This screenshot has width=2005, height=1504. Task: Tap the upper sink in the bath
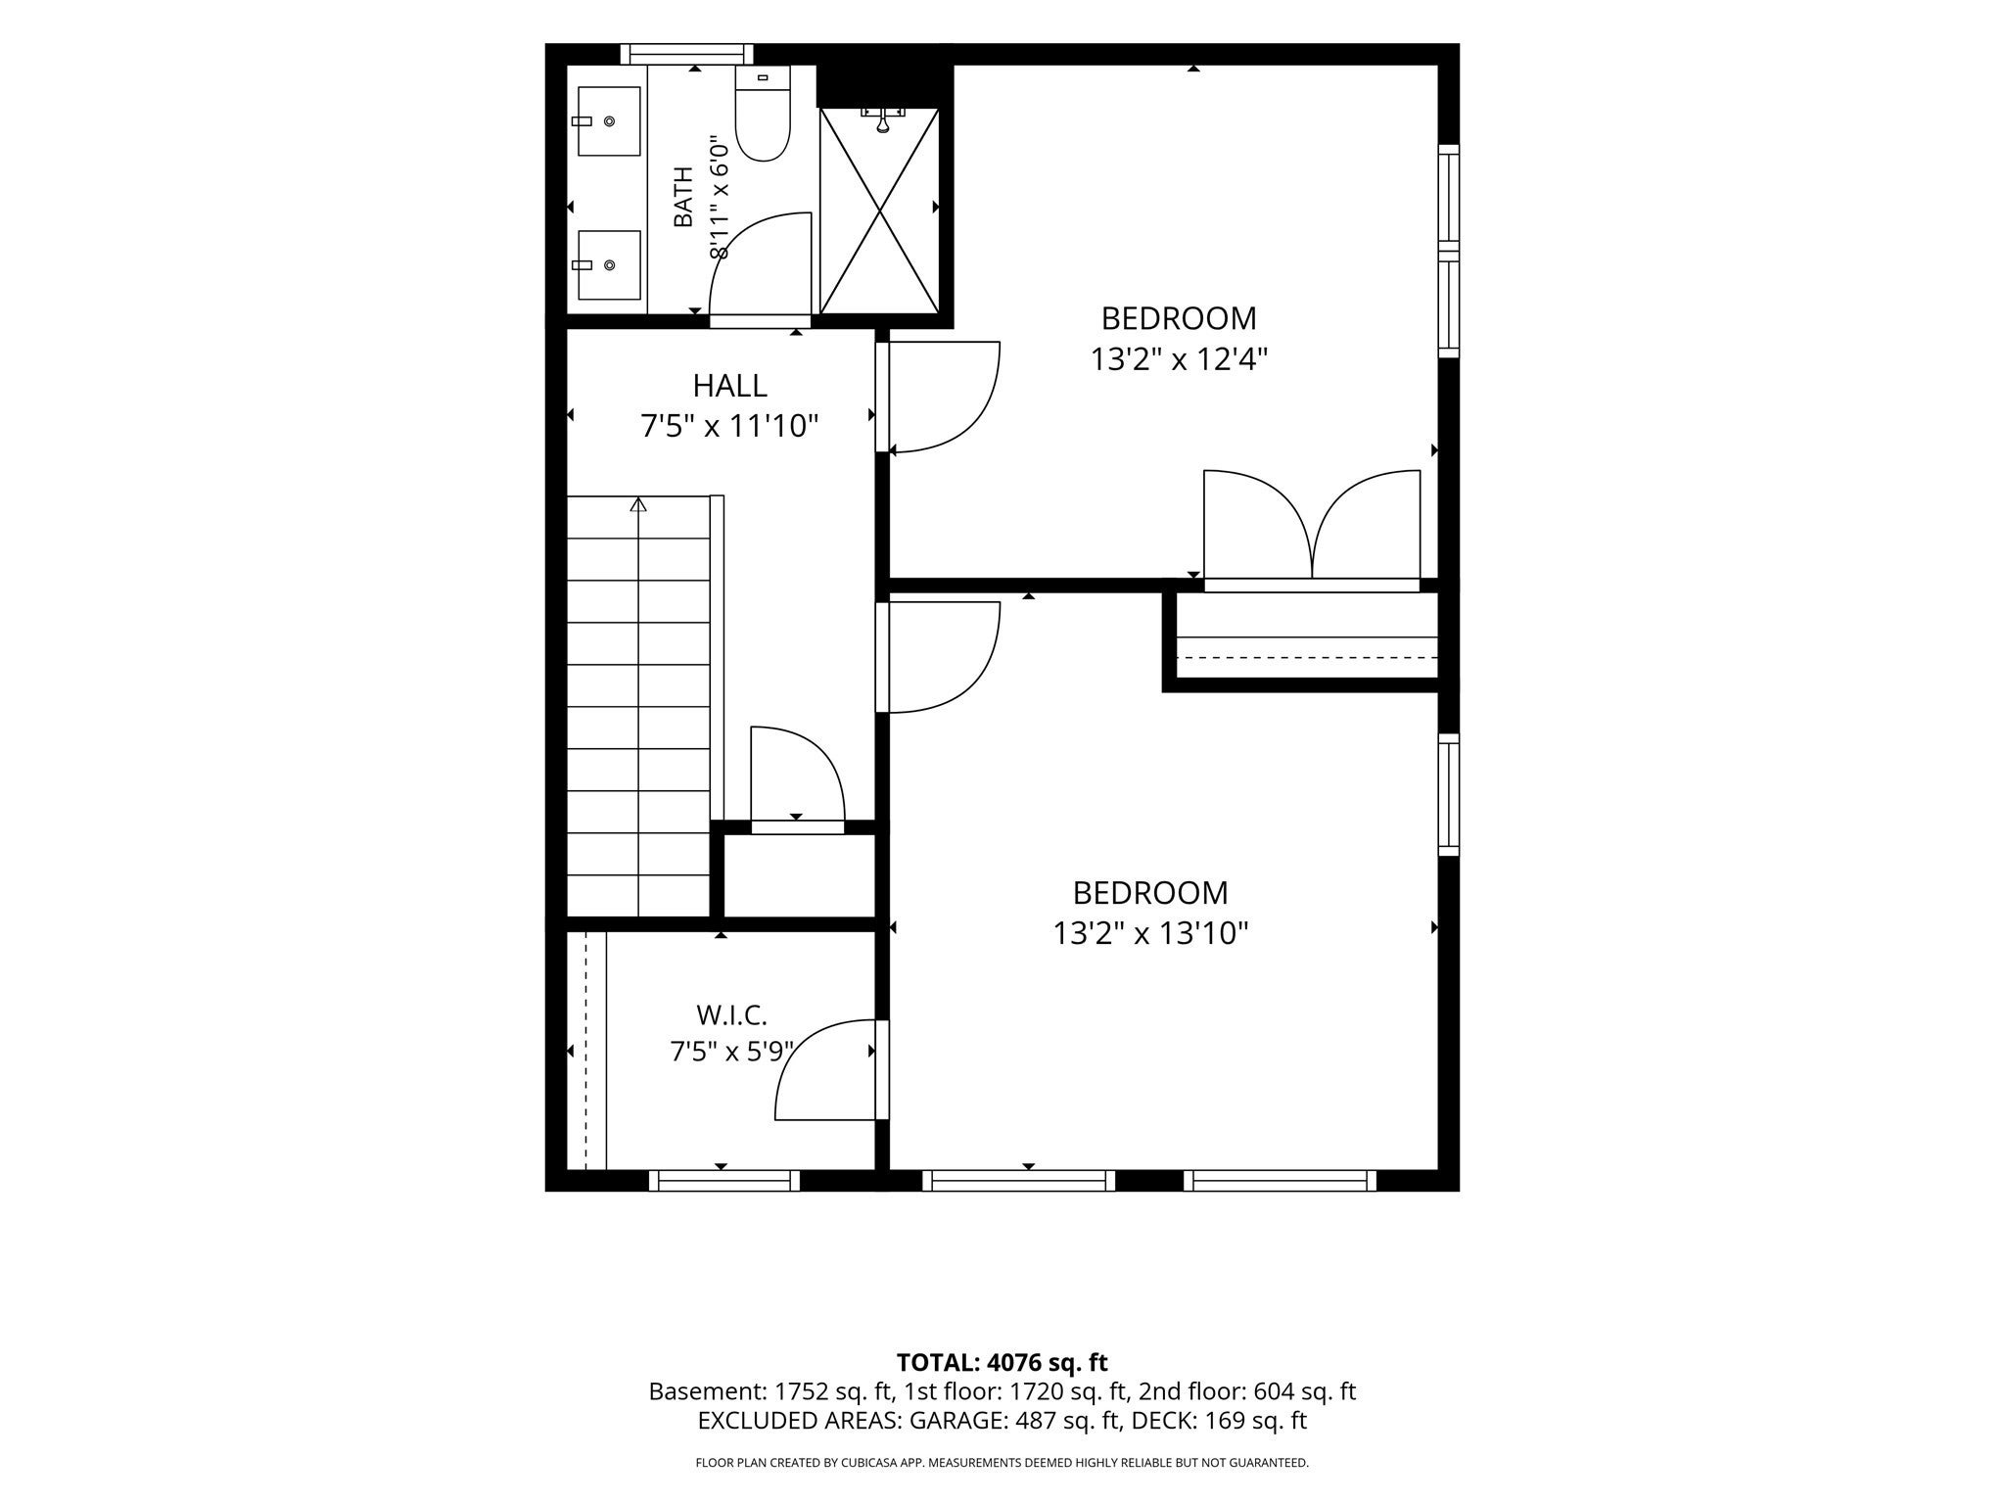coord(609,120)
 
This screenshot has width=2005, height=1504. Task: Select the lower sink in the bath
coord(609,264)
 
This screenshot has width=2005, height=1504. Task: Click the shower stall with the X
coord(880,211)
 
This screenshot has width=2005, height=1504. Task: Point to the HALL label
coord(729,385)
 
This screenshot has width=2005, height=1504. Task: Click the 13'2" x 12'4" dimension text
coord(1180,359)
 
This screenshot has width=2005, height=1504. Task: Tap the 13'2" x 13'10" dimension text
coord(1151,933)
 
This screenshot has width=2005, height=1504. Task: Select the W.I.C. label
coord(731,1014)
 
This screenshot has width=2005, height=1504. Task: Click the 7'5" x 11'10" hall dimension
coord(729,426)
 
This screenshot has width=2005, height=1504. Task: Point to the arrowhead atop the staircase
coord(638,504)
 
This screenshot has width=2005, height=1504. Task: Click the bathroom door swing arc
coord(760,264)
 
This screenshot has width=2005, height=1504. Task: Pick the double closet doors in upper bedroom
coord(1312,526)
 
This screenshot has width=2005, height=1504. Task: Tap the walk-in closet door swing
coord(826,1069)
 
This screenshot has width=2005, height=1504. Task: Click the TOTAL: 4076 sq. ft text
coord(1002,1362)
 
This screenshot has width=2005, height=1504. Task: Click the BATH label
coord(683,197)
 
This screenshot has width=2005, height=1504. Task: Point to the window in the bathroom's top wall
coord(686,53)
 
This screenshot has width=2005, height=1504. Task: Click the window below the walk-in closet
coord(724,1181)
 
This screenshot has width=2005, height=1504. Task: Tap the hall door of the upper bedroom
coord(938,397)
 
